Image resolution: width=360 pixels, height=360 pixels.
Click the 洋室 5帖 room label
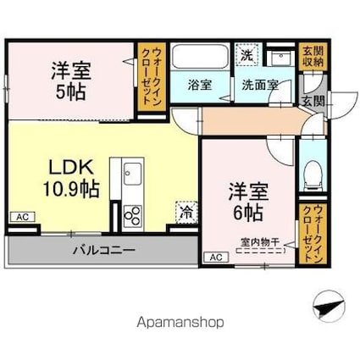point(71,81)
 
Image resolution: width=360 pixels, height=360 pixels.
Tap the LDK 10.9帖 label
point(71,179)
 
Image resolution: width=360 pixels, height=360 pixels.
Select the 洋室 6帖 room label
point(248,202)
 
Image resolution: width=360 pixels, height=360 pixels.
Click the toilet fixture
point(313,175)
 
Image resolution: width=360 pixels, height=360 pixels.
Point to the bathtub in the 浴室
point(200,56)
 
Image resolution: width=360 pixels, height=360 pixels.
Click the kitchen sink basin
point(132,174)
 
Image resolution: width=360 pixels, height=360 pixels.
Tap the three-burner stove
point(132,216)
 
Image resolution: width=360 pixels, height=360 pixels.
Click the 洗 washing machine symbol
point(247,55)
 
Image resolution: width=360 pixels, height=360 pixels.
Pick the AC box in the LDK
point(23,217)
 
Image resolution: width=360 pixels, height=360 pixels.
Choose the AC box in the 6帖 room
point(216,258)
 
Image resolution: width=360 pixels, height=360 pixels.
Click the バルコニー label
point(104,250)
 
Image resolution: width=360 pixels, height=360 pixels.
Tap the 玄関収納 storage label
point(313,57)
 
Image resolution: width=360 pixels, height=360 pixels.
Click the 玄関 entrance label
point(313,102)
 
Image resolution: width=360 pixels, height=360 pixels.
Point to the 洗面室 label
point(260,85)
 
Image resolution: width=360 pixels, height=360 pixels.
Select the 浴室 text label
point(200,85)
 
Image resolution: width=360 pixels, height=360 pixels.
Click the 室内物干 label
point(260,242)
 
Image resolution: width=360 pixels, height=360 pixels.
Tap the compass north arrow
point(329,307)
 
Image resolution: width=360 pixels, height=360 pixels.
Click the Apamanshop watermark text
point(180,322)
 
